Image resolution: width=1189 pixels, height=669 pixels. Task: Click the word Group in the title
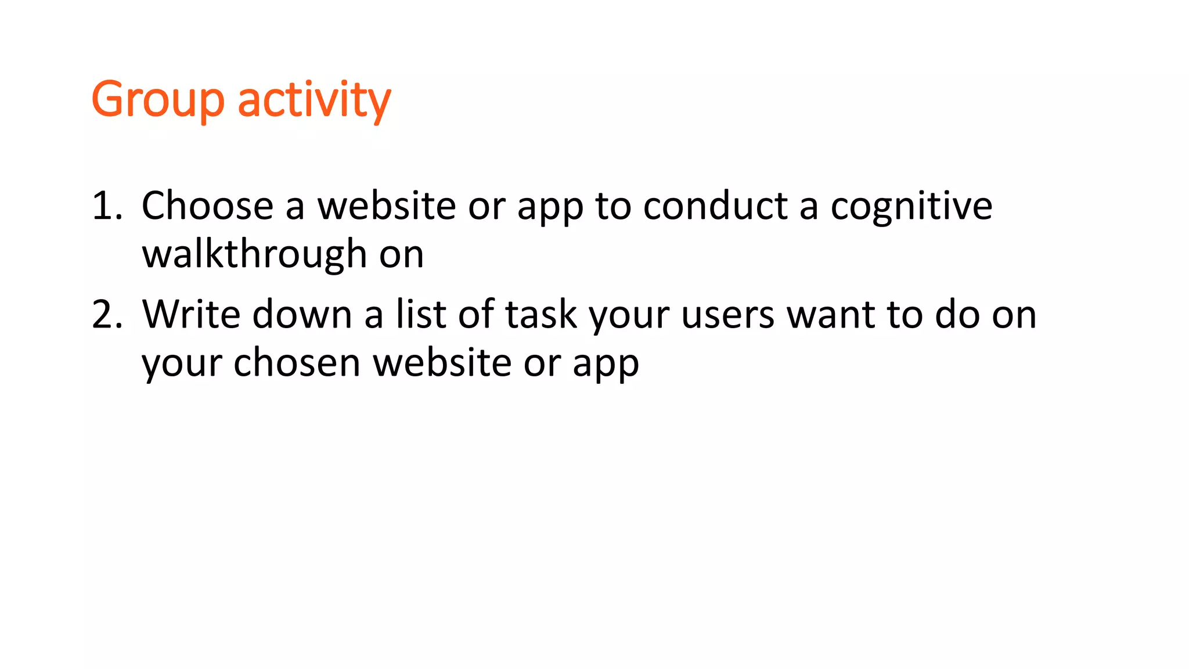click(x=157, y=100)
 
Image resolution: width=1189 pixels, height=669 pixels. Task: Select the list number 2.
click(x=107, y=314)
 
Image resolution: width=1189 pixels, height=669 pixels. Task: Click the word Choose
click(x=207, y=206)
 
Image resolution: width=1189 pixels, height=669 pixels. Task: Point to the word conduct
click(x=715, y=206)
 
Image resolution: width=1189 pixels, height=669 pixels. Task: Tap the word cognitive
click(x=911, y=207)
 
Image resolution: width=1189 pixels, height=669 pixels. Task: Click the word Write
click(x=191, y=314)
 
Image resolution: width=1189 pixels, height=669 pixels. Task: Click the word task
click(x=541, y=314)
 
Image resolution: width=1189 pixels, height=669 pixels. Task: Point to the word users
click(x=727, y=314)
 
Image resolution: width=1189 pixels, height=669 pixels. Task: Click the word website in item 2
click(x=442, y=362)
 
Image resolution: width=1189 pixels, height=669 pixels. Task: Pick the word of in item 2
click(x=475, y=314)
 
